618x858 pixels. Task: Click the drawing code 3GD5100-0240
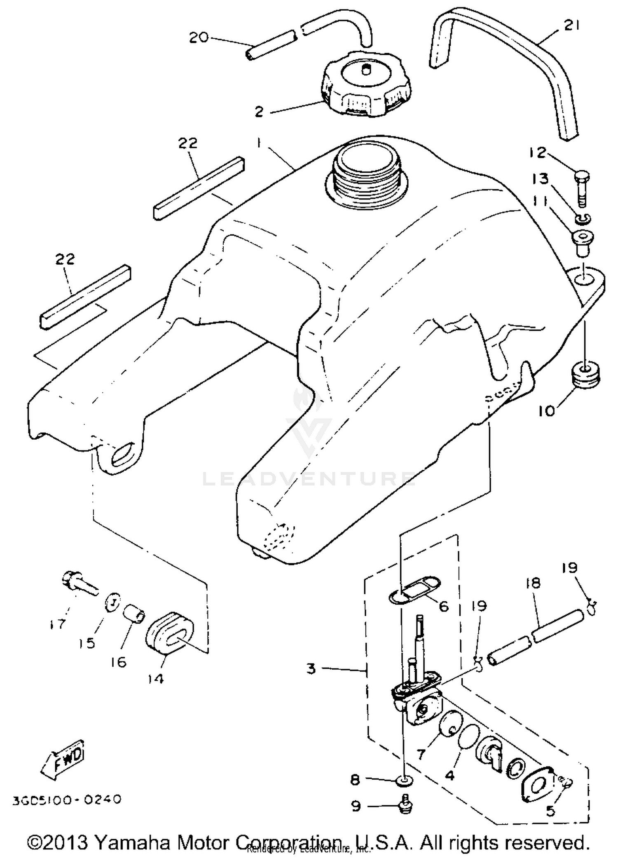(67, 800)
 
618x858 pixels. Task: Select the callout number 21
(572, 26)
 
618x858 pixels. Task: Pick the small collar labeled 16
(135, 613)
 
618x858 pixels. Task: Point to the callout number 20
(199, 38)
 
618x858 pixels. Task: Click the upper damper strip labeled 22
(199, 188)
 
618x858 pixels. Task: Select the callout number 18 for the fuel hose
(533, 584)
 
